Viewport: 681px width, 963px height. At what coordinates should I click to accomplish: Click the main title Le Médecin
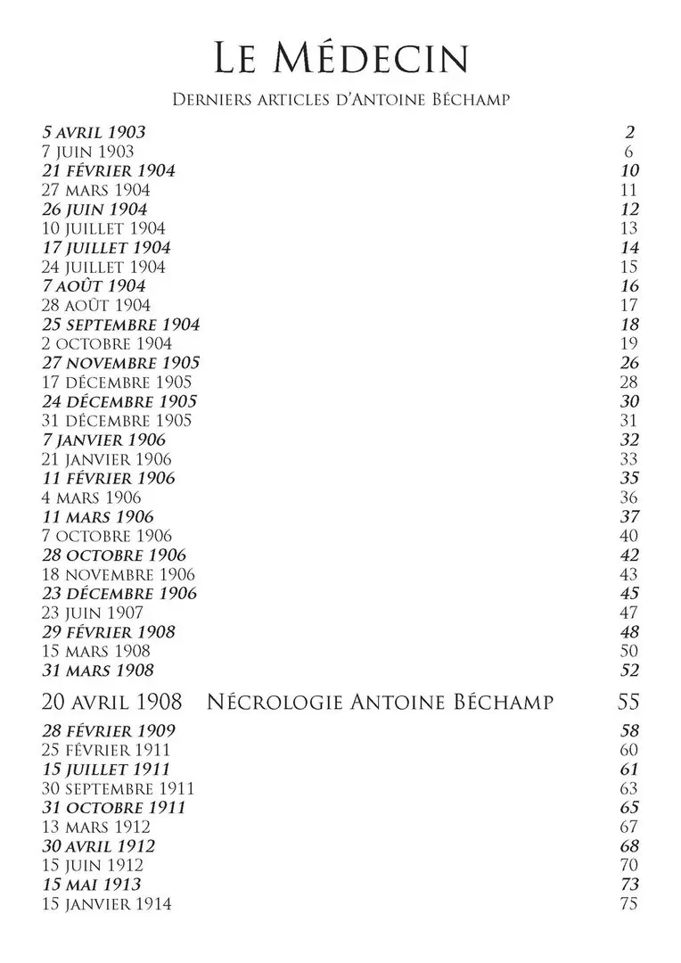click(x=341, y=59)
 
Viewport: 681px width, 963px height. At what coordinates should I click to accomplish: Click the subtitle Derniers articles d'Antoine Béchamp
click(x=340, y=99)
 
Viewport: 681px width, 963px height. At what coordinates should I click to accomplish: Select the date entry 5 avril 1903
click(x=94, y=133)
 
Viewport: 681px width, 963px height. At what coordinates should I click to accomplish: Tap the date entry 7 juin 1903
click(x=88, y=152)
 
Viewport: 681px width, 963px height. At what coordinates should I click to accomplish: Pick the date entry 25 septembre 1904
click(x=121, y=325)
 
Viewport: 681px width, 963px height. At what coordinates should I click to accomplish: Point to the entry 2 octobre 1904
click(x=107, y=343)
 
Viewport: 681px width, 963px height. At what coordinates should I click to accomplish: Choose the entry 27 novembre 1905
click(x=121, y=363)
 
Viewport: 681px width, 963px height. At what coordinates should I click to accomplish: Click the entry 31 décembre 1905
click(x=117, y=420)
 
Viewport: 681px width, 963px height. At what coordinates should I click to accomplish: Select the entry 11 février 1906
click(x=109, y=478)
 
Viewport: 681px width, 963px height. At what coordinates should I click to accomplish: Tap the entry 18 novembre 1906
click(x=119, y=574)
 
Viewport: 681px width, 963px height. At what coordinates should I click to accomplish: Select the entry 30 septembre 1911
click(x=119, y=788)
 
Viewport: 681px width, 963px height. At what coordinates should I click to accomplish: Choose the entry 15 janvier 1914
click(x=107, y=904)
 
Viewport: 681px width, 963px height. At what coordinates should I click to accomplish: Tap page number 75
click(x=629, y=904)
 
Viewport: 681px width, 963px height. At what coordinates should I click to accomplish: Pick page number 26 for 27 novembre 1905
click(x=629, y=363)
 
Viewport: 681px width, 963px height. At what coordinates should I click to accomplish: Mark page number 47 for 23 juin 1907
click(x=629, y=613)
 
